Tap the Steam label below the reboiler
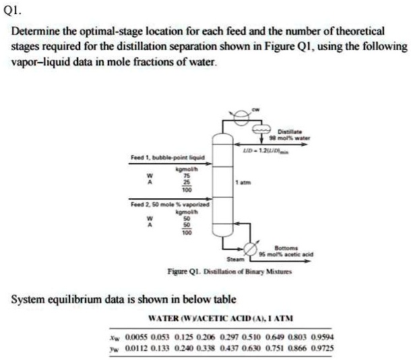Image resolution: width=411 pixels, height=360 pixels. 234,260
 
